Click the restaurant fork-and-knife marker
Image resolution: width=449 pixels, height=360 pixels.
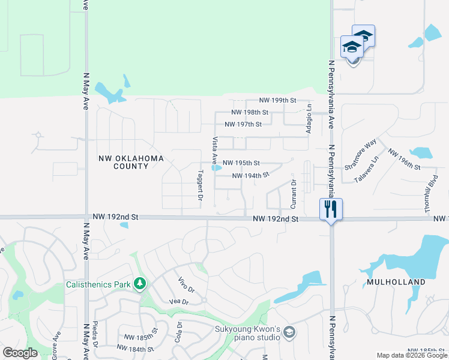(330, 209)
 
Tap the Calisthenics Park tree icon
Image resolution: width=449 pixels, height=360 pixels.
(140, 282)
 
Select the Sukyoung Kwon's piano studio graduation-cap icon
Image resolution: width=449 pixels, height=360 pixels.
(289, 332)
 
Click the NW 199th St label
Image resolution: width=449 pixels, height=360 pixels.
(278, 100)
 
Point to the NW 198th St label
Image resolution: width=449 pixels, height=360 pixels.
(250, 112)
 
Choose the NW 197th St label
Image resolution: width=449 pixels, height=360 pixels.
(243, 124)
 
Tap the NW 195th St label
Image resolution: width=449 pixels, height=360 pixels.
(241, 163)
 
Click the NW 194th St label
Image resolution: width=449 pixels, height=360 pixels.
(250, 176)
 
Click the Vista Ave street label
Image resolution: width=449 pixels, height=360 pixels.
(214, 150)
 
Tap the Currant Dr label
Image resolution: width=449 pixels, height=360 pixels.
(294, 194)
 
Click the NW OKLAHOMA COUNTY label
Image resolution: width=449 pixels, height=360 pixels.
(131, 162)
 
